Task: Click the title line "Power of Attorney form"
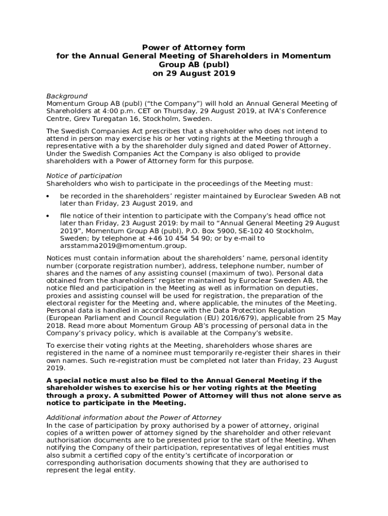[193, 48]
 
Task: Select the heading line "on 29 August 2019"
[193, 74]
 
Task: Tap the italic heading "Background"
[67, 96]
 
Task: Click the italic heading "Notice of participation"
[84, 176]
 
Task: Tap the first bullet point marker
[48, 196]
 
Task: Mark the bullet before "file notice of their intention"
[48, 216]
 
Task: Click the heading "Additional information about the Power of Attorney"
[134, 417]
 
